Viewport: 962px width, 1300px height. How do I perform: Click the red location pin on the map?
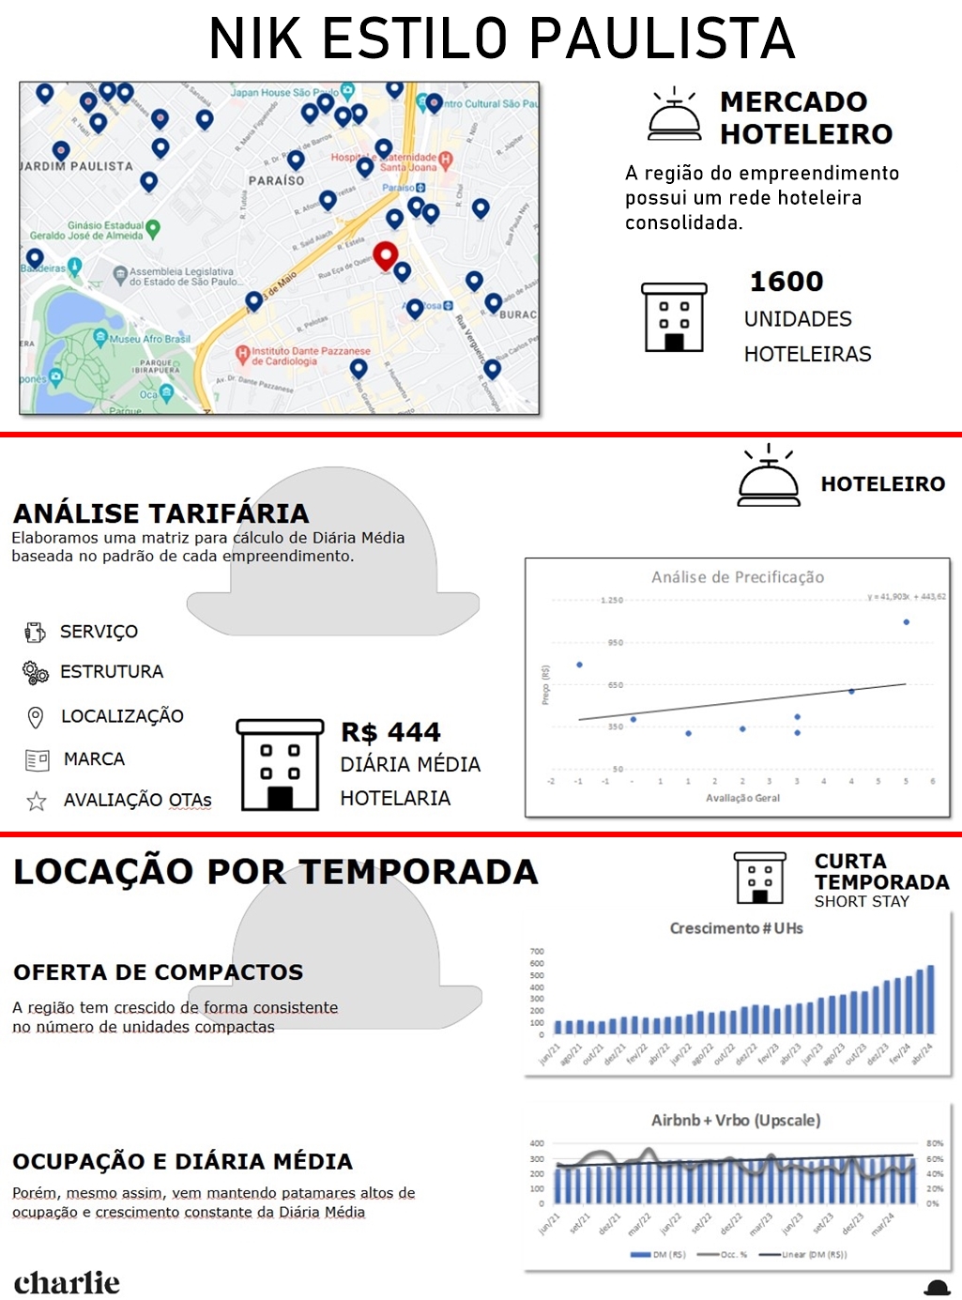point(385,254)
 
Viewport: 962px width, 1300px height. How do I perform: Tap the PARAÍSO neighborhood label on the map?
point(276,180)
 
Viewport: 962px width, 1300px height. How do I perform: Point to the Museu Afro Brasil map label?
point(149,339)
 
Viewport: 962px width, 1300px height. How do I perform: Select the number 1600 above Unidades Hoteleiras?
point(786,282)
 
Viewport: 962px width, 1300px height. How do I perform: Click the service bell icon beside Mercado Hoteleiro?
point(674,115)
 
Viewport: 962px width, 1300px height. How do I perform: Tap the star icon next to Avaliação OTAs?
point(37,801)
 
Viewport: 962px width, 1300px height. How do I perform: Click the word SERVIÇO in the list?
point(99,632)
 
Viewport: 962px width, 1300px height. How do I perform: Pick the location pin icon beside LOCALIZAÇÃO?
point(36,717)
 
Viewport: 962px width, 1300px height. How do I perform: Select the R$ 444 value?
point(390,732)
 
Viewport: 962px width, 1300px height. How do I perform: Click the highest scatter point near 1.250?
point(907,621)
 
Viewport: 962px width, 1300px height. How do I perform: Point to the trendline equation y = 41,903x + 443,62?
point(907,597)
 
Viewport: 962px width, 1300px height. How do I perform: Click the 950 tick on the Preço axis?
point(615,643)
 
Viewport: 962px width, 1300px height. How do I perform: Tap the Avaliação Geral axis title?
point(742,798)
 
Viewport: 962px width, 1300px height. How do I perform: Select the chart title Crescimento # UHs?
point(736,928)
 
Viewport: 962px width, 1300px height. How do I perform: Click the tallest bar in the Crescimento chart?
point(931,999)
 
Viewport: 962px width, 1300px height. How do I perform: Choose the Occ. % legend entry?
point(727,1254)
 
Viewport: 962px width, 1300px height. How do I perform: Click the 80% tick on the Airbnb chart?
point(935,1143)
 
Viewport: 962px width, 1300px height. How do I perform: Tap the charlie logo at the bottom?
point(67,1282)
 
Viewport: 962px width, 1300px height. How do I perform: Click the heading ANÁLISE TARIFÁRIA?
point(160,513)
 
